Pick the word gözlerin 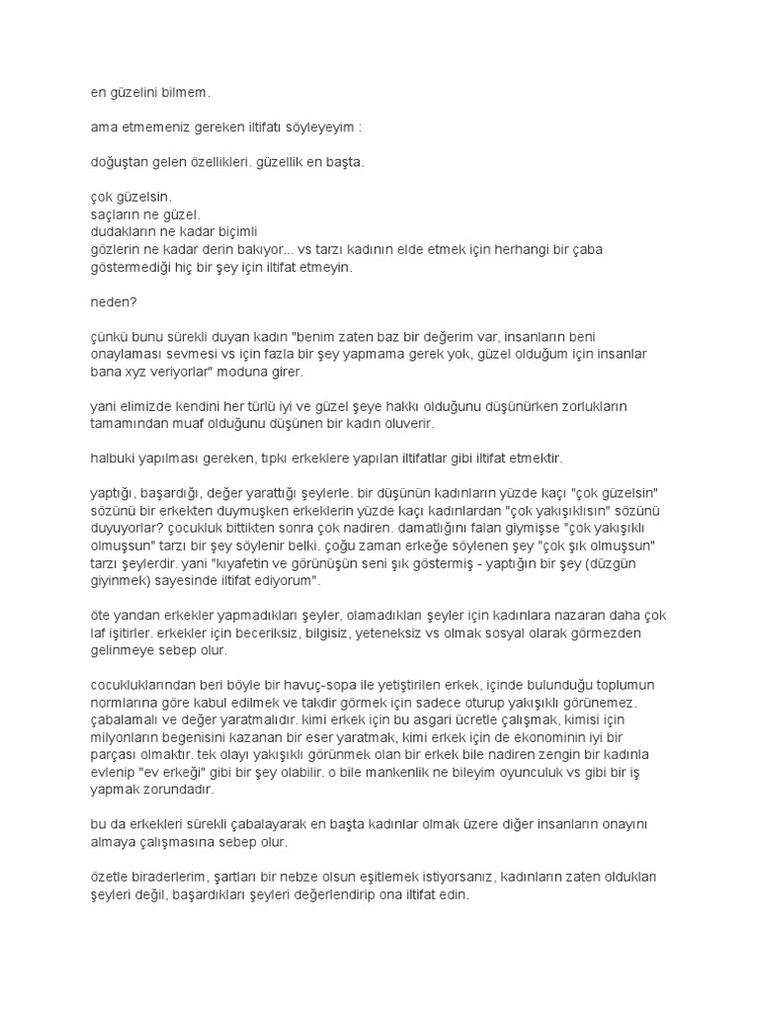[107, 248]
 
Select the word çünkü [99, 334]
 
